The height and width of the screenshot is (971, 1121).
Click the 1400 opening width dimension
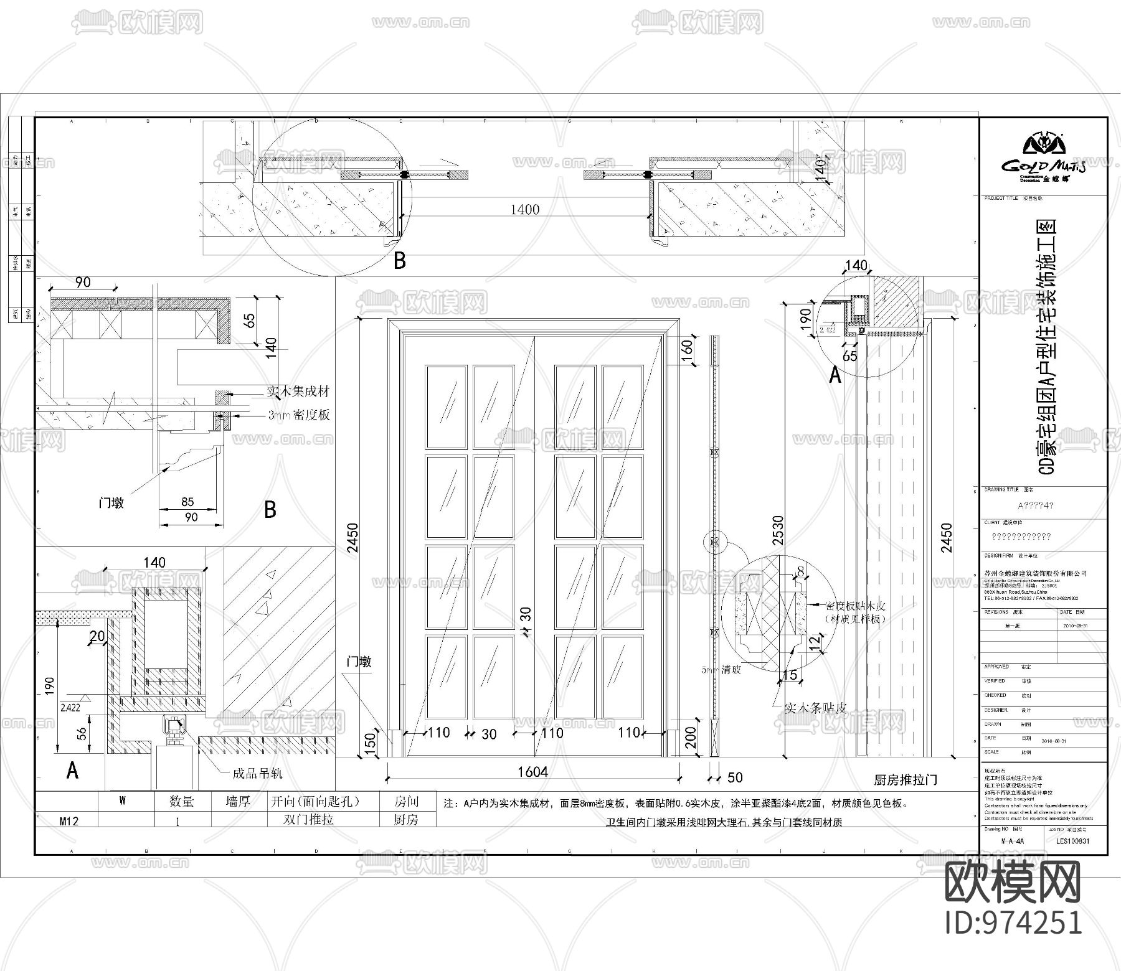click(524, 210)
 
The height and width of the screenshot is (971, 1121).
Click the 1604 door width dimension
click(532, 772)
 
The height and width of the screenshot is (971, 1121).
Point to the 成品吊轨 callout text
click(257, 773)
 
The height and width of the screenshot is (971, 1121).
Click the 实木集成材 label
click(298, 392)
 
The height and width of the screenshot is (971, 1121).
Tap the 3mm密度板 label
click(299, 415)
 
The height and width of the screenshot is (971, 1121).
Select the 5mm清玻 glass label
click(721, 670)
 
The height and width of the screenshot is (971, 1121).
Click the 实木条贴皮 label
click(815, 708)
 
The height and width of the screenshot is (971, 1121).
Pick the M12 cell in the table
click(69, 820)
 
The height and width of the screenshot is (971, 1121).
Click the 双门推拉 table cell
click(309, 819)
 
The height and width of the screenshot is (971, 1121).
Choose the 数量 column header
click(182, 801)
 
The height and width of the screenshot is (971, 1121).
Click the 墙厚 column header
click(238, 801)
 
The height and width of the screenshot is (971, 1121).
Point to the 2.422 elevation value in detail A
click(70, 707)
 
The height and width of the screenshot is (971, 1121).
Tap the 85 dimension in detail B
click(187, 502)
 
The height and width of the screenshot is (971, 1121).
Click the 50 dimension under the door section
click(735, 777)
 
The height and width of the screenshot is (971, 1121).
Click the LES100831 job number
click(1072, 841)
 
